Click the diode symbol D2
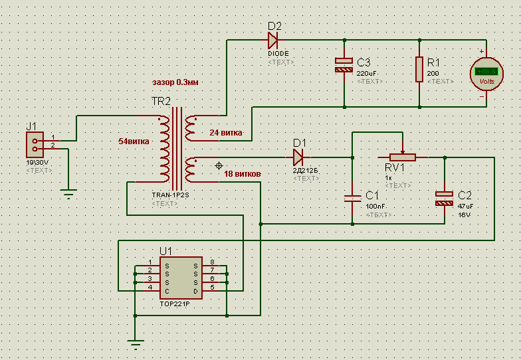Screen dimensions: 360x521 tap(274, 41)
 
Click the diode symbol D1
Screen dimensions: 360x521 tap(298, 157)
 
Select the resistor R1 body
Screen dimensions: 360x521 tap(419, 69)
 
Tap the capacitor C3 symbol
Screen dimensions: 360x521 tap(344, 64)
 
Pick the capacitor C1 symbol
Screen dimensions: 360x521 tap(352, 197)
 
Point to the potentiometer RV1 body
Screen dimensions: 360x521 tap(402, 157)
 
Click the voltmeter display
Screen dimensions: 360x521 tap(486, 71)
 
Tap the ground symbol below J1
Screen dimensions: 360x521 tap(67, 193)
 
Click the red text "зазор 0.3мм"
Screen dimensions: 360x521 tap(175, 82)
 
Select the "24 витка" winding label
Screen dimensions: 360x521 tap(226, 133)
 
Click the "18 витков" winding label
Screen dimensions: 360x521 tap(243, 174)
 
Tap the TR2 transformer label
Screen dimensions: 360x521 tap(161, 102)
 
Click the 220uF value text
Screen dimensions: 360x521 tap(367, 73)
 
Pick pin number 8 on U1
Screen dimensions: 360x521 tap(211, 262)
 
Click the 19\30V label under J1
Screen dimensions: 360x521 tap(37, 162)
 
